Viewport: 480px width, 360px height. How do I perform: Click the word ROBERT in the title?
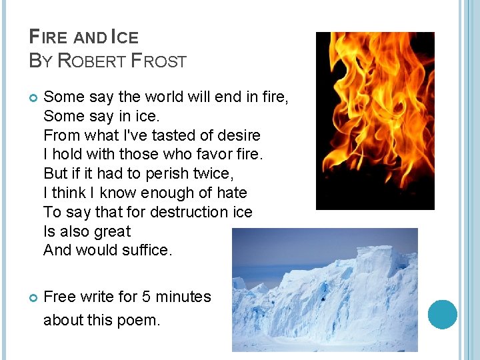point(92,61)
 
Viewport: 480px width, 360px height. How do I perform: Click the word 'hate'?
point(232,193)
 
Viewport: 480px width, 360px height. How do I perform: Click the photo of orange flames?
point(375,121)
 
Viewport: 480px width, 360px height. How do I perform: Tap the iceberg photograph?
point(325,290)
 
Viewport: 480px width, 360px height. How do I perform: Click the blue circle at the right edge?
point(443,314)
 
